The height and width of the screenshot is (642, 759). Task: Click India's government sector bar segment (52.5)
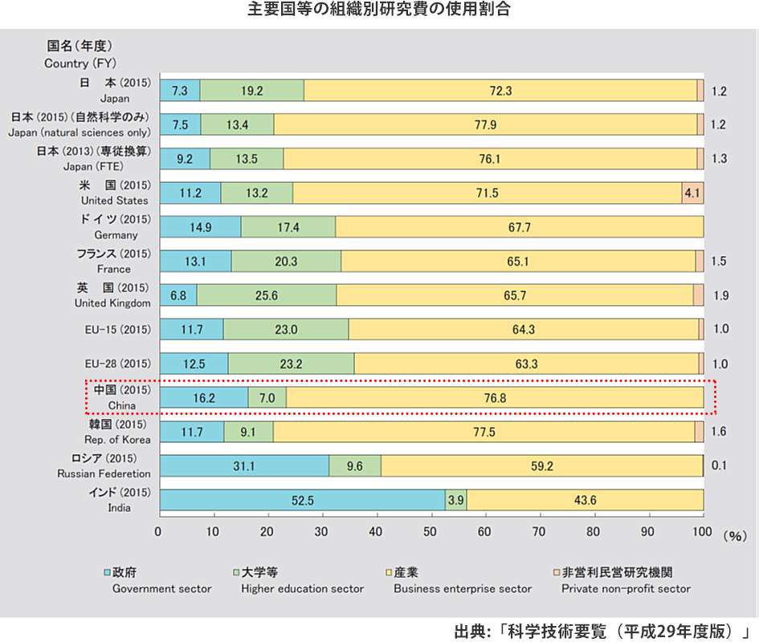(302, 499)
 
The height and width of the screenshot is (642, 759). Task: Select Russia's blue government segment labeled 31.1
(244, 465)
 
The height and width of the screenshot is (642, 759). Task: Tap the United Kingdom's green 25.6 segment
(267, 295)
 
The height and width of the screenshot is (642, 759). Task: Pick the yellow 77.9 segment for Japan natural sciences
(485, 124)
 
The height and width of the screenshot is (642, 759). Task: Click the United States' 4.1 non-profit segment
(692, 193)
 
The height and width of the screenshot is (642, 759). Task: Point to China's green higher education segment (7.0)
(267, 397)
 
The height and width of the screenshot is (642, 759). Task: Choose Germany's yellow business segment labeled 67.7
(519, 227)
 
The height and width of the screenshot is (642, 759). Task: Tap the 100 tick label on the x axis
(702, 531)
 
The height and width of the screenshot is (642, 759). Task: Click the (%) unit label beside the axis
(735, 534)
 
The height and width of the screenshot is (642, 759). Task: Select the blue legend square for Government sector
(106, 573)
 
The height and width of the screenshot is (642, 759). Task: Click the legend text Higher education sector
(302, 589)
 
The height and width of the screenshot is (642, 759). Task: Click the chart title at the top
(378, 10)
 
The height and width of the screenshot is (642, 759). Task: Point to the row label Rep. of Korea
(116, 440)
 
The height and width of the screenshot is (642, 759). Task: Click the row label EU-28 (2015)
(117, 363)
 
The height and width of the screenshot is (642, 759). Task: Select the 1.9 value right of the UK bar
(720, 295)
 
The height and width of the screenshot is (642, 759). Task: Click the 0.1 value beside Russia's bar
(720, 465)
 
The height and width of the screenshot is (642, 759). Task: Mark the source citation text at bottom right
(602, 630)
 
